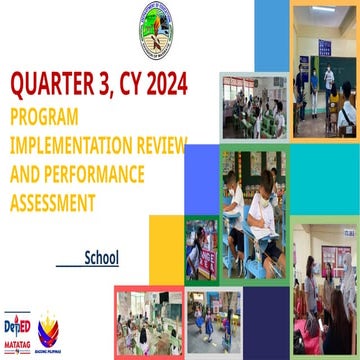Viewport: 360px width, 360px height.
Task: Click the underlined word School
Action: click(101, 258)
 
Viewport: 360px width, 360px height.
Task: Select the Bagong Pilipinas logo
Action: click(48, 330)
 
